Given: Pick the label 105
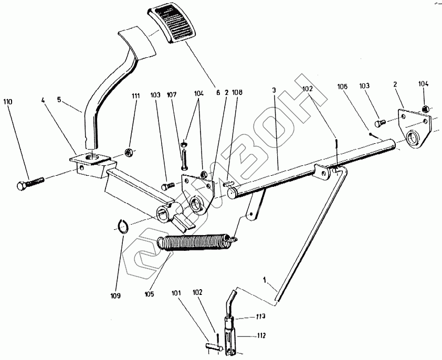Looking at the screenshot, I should coord(149,293).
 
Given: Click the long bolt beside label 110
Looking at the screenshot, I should coord(31,183).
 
